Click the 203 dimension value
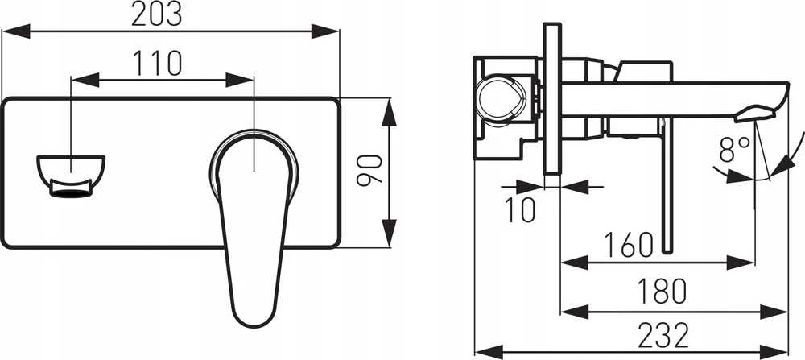click(157, 14)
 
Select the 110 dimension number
click(158, 63)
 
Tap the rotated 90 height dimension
click(370, 170)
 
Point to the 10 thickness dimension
click(520, 209)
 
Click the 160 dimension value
click(629, 245)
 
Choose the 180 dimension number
click(662, 292)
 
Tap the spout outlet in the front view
click(71, 176)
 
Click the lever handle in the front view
click(253, 226)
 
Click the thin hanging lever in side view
click(667, 185)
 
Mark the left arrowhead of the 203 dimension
click(16, 31)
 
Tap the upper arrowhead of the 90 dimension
click(389, 111)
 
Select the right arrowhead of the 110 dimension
click(239, 80)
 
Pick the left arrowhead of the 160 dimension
click(575, 263)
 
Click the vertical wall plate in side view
click(552, 98)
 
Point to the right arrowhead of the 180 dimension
click(774, 312)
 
